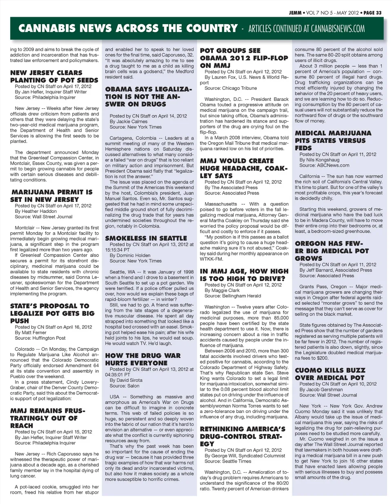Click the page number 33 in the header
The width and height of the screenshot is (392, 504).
(x=379, y=13)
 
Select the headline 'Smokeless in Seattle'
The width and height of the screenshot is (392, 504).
(x=146, y=238)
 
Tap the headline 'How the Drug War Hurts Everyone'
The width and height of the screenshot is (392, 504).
(x=143, y=359)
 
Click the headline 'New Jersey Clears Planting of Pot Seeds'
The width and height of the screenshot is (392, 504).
(x=54, y=76)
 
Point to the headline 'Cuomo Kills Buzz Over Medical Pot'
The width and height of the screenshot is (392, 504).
(x=330, y=374)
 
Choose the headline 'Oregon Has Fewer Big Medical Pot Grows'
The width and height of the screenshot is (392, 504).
(x=332, y=251)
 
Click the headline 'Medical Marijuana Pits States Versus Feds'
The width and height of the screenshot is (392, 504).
(x=333, y=140)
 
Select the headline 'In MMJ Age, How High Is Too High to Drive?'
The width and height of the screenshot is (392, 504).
(x=244, y=275)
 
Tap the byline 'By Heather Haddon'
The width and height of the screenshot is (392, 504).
(x=36, y=211)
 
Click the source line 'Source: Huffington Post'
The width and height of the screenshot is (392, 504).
(x=40, y=338)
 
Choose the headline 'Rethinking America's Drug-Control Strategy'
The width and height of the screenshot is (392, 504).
(x=243, y=436)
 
